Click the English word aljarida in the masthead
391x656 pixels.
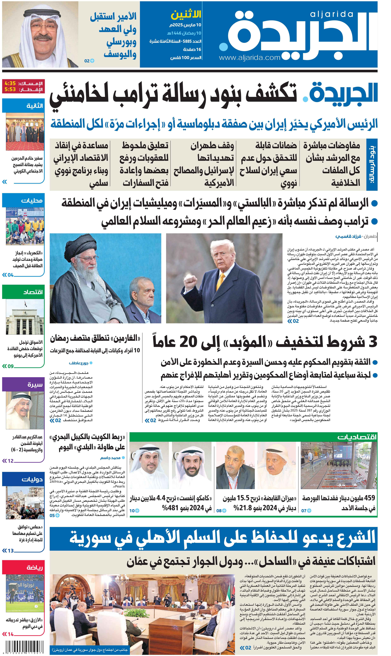(331, 14)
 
